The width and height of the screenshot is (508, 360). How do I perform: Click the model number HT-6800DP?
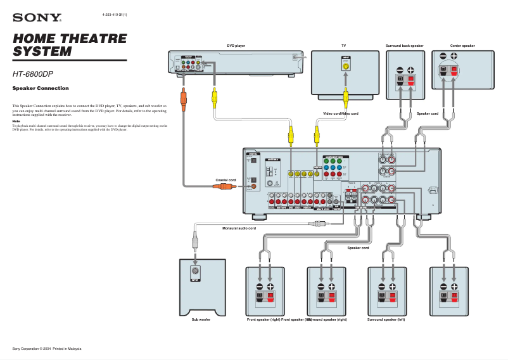33,74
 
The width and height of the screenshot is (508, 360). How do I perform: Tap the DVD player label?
236,46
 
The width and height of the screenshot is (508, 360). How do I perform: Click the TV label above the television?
343,46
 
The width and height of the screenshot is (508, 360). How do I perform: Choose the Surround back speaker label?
404,46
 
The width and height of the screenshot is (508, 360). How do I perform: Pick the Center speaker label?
462,46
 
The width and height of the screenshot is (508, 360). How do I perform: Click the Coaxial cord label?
225,180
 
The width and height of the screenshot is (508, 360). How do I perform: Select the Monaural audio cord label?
239,228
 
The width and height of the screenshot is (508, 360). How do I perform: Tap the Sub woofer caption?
201,319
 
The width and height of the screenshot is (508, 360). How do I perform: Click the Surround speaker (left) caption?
386,319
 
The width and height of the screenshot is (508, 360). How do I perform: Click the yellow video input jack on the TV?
346,65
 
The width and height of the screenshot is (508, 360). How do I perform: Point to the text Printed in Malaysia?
67,349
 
